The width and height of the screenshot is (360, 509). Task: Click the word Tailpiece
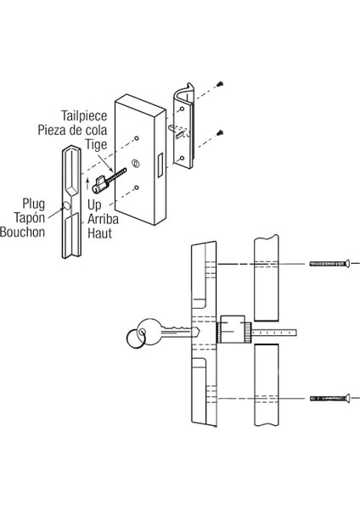[x=84, y=116]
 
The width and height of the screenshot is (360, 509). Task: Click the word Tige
[x=96, y=144]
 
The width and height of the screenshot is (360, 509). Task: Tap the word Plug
[x=33, y=204]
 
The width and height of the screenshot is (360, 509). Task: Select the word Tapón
[x=29, y=218]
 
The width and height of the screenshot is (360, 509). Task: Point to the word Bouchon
[x=22, y=232]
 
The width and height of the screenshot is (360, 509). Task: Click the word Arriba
[x=103, y=220]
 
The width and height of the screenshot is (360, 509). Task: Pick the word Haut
[x=99, y=233]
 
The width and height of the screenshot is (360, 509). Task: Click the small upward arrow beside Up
[x=87, y=184]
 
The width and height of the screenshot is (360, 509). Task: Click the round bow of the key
[x=149, y=331]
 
